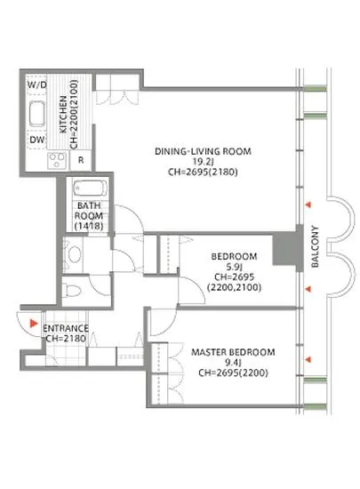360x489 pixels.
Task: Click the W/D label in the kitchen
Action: click(x=37, y=84)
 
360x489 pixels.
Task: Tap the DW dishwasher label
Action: click(x=37, y=140)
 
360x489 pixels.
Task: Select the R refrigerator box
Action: click(x=81, y=160)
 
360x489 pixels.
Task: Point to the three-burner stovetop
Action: click(x=57, y=161)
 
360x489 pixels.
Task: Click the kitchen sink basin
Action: click(x=37, y=114)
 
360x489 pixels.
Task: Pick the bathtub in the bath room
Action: click(x=91, y=188)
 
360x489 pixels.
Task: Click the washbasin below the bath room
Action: click(x=74, y=254)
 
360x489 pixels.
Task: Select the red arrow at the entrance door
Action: click(x=34, y=324)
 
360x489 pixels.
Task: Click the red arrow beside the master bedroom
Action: click(x=308, y=360)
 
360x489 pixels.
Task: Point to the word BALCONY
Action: click(x=316, y=246)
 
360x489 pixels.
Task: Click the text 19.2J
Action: click(x=203, y=162)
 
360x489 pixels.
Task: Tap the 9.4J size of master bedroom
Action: click(x=233, y=363)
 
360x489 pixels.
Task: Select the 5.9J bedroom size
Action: click(x=234, y=267)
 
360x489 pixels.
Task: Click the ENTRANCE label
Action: click(x=66, y=328)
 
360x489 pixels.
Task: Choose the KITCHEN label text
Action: click(x=63, y=115)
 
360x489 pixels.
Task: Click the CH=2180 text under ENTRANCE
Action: click(x=66, y=339)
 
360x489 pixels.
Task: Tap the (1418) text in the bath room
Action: click(x=89, y=226)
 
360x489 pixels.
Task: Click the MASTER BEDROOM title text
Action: click(x=233, y=352)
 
